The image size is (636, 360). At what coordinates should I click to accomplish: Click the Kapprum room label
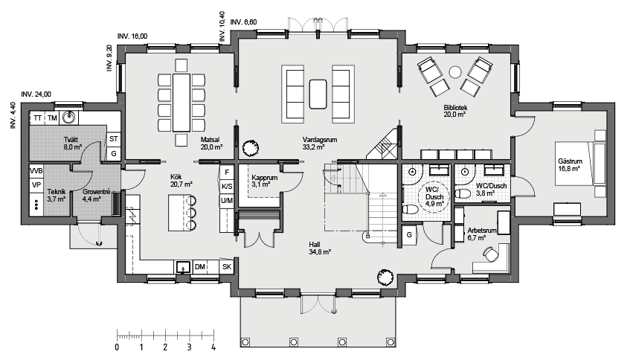click(x=264, y=178)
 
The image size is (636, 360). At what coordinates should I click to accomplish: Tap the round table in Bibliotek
click(x=455, y=72)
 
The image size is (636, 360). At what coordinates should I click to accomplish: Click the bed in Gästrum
click(x=583, y=161)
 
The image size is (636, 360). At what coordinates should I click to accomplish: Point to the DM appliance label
click(x=199, y=266)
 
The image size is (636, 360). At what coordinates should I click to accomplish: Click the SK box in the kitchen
click(x=227, y=266)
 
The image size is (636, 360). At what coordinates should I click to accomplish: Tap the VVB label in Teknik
click(x=36, y=171)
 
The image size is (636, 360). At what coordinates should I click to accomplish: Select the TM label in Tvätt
click(x=53, y=118)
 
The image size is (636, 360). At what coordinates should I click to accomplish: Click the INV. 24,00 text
click(x=36, y=94)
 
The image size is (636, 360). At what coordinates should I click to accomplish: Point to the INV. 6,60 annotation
click(x=244, y=22)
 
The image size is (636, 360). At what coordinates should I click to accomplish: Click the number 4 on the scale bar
click(x=213, y=347)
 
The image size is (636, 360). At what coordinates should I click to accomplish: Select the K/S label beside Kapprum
click(x=227, y=187)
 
